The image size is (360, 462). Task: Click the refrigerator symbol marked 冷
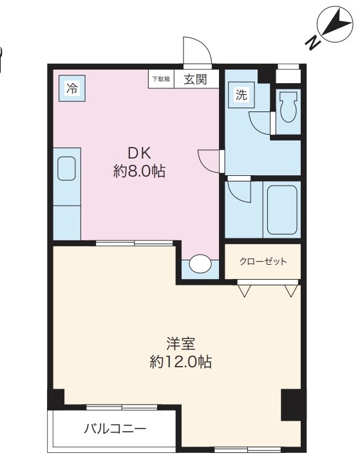click(x=72, y=88)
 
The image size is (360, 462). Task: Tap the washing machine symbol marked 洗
click(x=241, y=95)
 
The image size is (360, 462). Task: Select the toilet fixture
click(x=289, y=107)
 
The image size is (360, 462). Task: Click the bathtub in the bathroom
click(x=282, y=210)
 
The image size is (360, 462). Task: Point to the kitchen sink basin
click(x=66, y=169)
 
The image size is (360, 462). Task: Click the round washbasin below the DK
click(x=200, y=264)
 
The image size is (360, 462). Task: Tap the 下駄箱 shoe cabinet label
click(x=161, y=79)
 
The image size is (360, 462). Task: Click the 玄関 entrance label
click(x=195, y=79)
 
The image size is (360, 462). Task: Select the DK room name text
click(x=139, y=153)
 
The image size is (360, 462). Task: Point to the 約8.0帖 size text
click(x=139, y=171)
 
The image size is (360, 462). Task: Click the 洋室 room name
click(x=181, y=343)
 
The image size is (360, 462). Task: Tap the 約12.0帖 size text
click(x=180, y=361)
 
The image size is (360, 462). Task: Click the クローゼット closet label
click(x=263, y=262)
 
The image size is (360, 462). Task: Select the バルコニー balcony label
click(x=115, y=428)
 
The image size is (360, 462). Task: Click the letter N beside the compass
click(x=313, y=42)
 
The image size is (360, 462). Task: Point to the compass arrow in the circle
click(x=337, y=23)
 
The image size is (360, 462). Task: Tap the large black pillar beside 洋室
click(x=291, y=405)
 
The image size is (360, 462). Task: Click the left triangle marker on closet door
click(x=245, y=291)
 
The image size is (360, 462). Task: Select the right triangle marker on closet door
click(x=291, y=291)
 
